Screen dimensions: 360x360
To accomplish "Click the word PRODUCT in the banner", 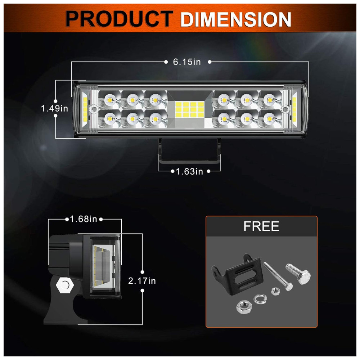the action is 119,19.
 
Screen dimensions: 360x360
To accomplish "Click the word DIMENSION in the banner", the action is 235,19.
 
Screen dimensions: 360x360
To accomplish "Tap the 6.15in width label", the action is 187,62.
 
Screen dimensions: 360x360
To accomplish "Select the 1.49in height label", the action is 54,108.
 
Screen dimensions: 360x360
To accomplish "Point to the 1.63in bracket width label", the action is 189,171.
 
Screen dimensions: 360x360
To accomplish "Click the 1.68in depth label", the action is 84,219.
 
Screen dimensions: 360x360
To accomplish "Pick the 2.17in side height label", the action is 142,281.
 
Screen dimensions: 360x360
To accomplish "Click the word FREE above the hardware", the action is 261,226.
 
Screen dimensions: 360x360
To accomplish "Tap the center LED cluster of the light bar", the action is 190,109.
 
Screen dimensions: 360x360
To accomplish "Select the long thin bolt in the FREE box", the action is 278,276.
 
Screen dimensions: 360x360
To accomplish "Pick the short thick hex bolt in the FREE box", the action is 298,274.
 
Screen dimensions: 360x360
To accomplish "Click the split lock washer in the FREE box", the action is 260,299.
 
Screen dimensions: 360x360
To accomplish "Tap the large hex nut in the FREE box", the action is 244,307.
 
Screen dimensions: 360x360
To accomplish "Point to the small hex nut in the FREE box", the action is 275,292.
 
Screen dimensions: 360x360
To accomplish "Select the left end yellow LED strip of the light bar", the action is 85,109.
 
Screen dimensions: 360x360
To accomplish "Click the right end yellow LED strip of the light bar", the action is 294,109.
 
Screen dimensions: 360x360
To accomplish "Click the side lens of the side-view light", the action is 104,266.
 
